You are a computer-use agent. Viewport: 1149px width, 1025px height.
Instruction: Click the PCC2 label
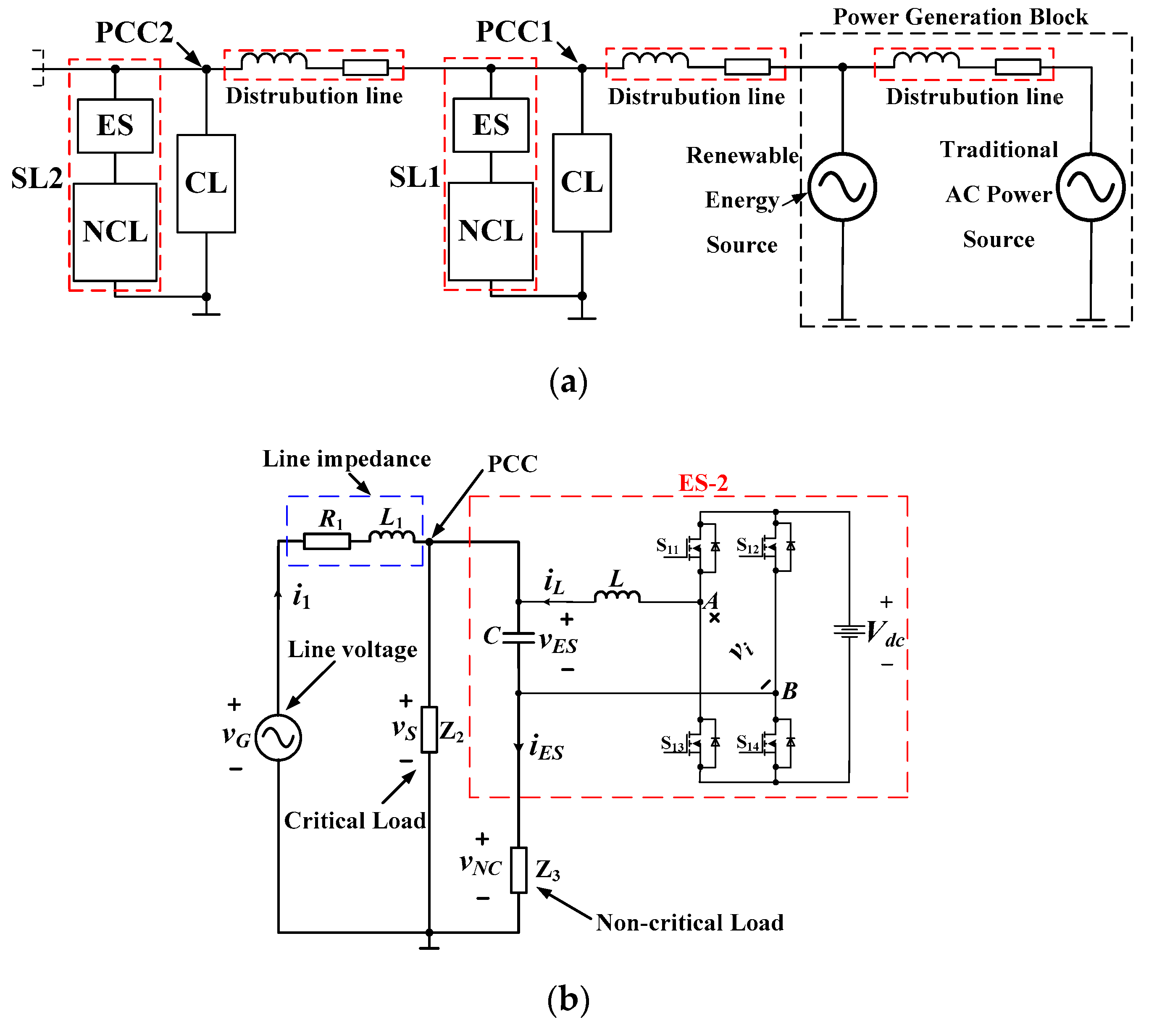(134, 33)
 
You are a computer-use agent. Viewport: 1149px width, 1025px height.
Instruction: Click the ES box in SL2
(115, 126)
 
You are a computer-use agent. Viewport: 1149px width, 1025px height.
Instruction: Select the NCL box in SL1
(491, 231)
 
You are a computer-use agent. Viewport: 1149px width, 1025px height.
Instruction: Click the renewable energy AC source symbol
(842, 187)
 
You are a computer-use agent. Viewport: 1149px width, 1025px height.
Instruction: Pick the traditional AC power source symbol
(1091, 187)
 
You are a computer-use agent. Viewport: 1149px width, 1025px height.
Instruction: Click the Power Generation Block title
(960, 17)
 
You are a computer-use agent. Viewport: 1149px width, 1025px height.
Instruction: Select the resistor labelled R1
(327, 541)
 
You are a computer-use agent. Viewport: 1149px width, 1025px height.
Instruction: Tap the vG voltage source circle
(279, 737)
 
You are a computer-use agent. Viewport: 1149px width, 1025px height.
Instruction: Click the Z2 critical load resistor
(429, 730)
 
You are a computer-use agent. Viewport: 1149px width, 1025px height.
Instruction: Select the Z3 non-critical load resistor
(518, 870)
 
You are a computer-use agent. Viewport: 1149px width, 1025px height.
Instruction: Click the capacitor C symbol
(518, 637)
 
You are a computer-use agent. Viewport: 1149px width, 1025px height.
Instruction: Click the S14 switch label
(748, 743)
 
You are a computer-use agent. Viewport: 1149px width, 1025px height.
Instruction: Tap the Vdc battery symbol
(849, 631)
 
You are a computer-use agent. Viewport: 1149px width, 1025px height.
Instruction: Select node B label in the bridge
(789, 691)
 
